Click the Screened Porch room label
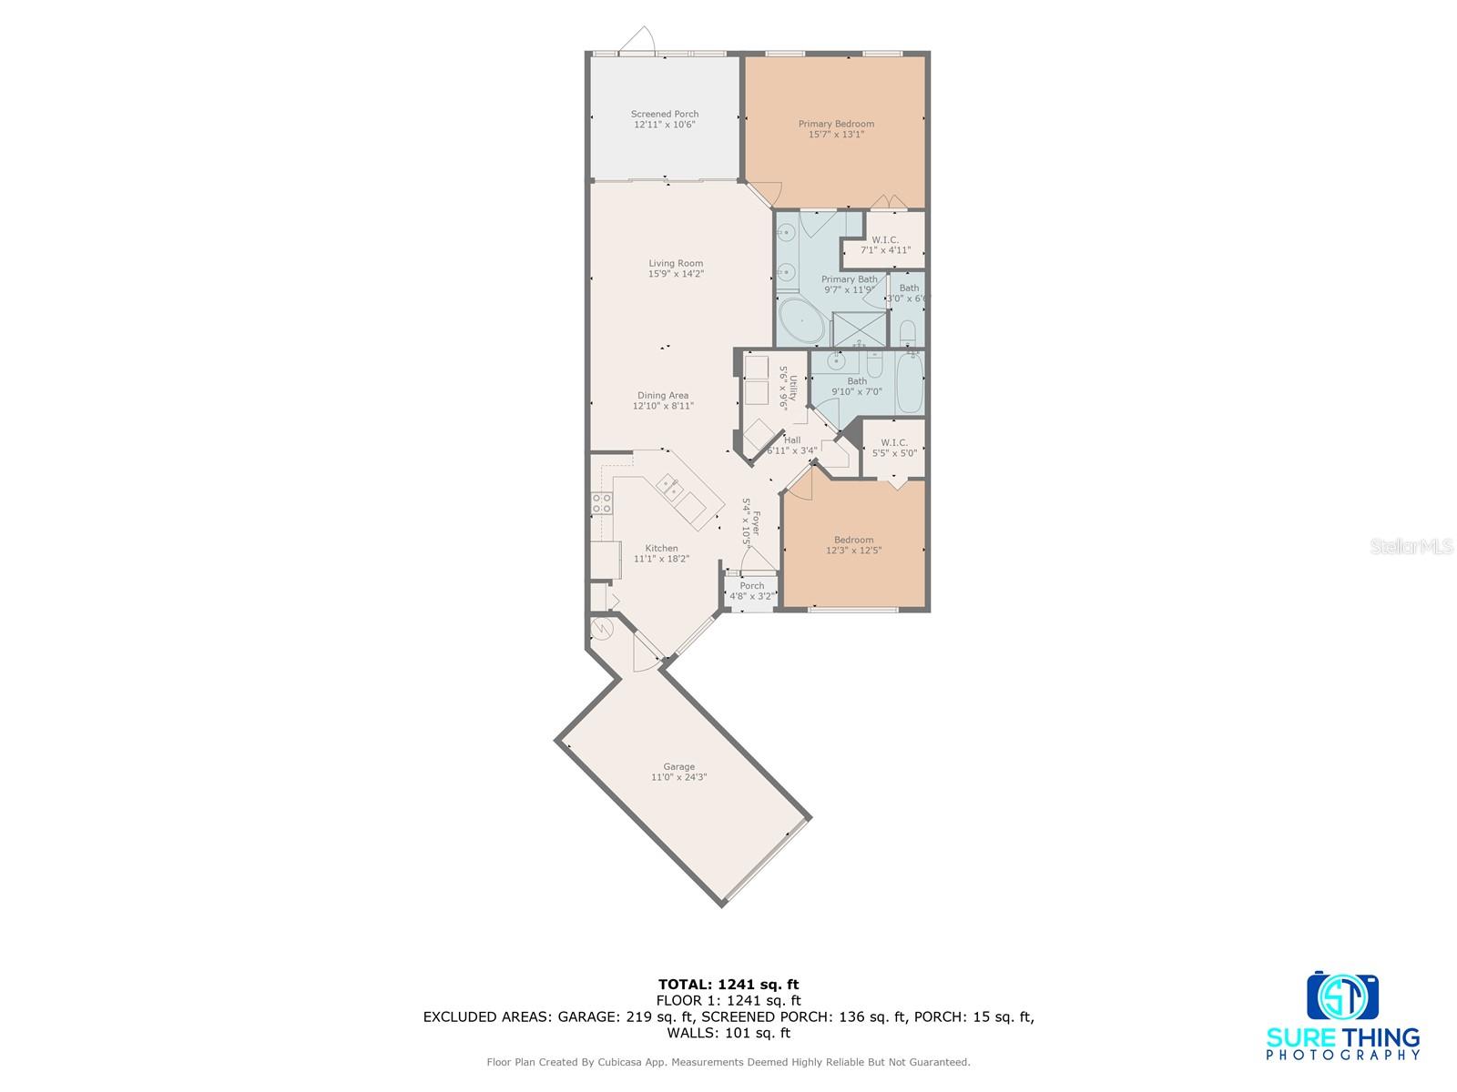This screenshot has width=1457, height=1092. coord(665,115)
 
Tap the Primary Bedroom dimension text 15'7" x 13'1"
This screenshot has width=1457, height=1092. coord(836,135)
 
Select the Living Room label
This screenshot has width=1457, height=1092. coord(676,263)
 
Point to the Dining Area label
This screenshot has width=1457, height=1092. coord(663,396)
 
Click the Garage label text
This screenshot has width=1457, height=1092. coord(678,767)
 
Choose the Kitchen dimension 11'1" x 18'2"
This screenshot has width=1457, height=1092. coord(661,559)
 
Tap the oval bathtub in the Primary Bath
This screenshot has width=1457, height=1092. coord(802,321)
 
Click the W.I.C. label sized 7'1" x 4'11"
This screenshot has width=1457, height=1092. coord(885,245)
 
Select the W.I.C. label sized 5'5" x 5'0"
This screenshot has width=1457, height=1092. coord(894,447)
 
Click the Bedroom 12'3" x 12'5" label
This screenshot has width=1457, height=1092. coord(853,545)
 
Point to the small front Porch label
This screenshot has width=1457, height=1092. coord(752,586)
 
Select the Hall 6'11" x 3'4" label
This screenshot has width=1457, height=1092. coord(791,445)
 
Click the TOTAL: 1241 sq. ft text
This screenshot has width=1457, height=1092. coord(728,984)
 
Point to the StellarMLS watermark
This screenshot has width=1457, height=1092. coord(1411,547)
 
